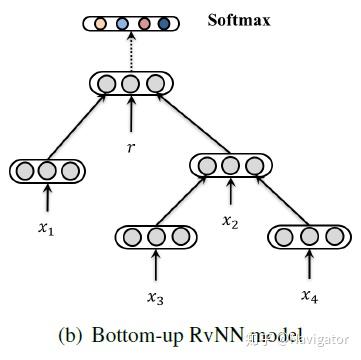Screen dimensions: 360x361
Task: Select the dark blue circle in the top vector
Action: [x=163, y=22]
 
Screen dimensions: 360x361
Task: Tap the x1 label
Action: [x=45, y=228]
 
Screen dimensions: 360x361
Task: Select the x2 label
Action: [x=231, y=220]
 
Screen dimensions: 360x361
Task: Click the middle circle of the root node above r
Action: [x=130, y=83]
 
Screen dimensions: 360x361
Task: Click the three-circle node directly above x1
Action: [x=45, y=171]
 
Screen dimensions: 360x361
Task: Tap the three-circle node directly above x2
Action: [x=230, y=164]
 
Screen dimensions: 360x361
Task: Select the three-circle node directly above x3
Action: [x=154, y=237]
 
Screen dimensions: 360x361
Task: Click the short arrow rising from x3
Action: [x=154, y=266]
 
